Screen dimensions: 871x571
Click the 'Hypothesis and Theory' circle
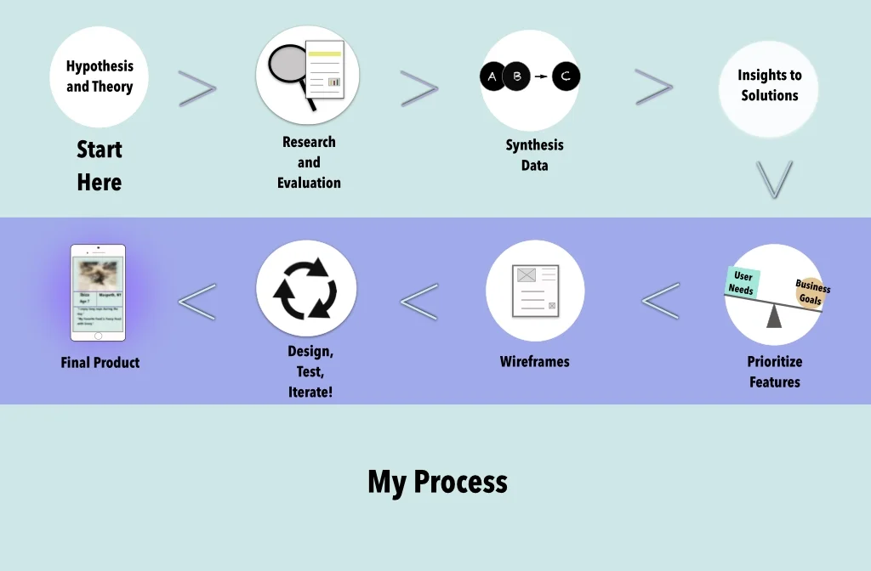point(100,77)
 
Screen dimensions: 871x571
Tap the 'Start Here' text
point(100,166)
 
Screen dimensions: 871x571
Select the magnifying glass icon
point(289,68)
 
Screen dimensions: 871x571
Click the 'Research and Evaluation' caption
point(309,162)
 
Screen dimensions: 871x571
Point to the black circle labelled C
point(566,77)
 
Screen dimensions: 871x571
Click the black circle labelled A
point(492,77)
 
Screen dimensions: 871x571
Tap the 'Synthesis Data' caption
point(534,155)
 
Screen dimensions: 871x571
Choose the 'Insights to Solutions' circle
point(769,86)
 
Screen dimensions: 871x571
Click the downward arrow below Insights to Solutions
point(774,179)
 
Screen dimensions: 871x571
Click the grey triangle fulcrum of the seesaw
point(774,316)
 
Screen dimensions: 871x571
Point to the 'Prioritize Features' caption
point(774,371)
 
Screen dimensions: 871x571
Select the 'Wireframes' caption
point(534,361)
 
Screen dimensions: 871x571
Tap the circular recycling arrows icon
point(306,288)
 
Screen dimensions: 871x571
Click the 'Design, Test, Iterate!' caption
point(310,371)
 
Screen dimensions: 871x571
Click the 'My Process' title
point(437,482)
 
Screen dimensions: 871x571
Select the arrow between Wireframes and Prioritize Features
point(661,300)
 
